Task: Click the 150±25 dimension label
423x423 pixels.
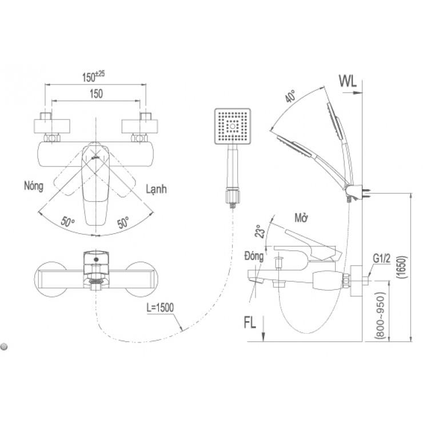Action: pos(93,77)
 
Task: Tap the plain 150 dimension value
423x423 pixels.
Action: pos(96,94)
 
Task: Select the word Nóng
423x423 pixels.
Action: pos(34,186)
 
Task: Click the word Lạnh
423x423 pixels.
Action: pos(156,189)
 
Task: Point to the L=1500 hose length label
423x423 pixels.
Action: pos(160,308)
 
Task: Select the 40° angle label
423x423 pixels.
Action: pos(290,96)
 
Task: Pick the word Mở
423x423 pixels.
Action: pos(301,218)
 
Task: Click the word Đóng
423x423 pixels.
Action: pos(254,257)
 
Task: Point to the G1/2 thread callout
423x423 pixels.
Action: pos(382,258)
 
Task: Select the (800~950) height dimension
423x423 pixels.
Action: pos(380,315)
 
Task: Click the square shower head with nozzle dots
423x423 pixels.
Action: pos(233,126)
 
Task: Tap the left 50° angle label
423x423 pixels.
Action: pos(67,221)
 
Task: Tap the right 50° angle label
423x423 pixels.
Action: pos(123,222)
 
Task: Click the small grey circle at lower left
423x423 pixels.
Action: pos(4,346)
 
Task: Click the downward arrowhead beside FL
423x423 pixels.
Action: pos(263,337)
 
